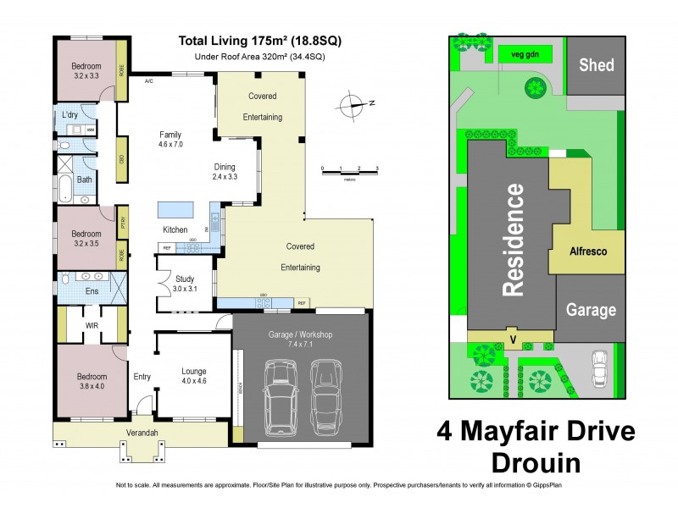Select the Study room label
pyautogui.click(x=185, y=284)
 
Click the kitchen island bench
pyautogui.click(x=174, y=208)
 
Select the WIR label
pyautogui.click(x=92, y=325)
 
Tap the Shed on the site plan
pyautogui.click(x=597, y=65)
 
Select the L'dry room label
pyautogui.click(x=70, y=114)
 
